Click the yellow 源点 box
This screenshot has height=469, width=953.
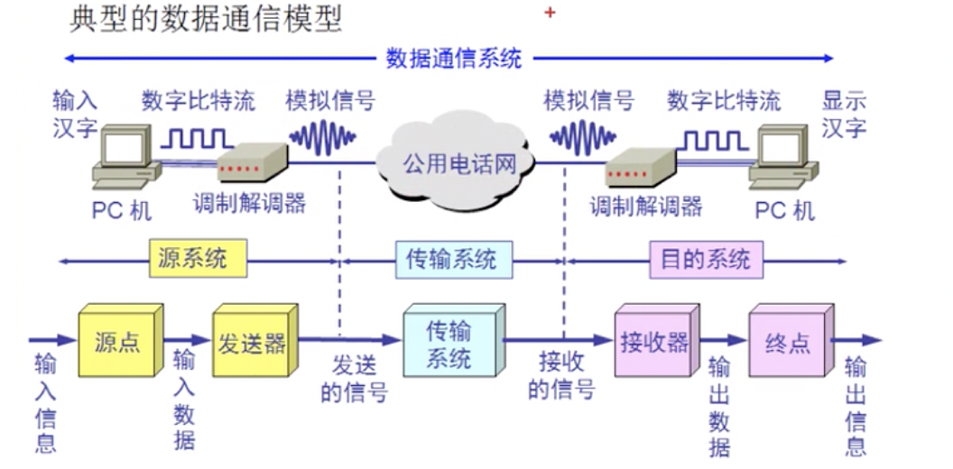(117, 343)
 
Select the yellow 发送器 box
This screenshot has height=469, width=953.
(252, 343)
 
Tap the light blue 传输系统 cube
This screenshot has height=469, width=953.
(449, 343)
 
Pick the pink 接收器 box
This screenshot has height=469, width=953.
(654, 343)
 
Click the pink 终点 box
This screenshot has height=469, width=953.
(787, 344)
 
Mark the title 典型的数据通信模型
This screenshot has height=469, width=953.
(206, 19)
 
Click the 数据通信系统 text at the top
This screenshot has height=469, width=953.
(454, 59)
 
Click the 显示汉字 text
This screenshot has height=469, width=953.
(844, 114)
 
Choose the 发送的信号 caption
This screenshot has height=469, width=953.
(354, 379)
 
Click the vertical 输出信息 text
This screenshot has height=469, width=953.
(855, 406)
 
